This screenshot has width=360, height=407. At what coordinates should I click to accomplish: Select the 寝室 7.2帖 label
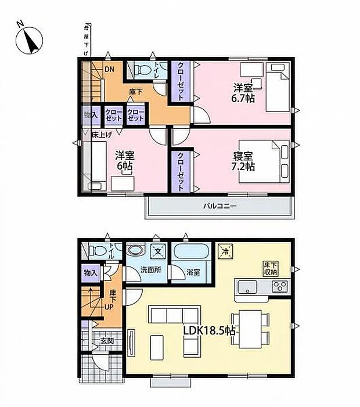[x=243, y=160]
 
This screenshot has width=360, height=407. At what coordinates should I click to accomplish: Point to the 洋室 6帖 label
[x=124, y=160]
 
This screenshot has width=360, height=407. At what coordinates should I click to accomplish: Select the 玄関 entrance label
[x=106, y=341]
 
